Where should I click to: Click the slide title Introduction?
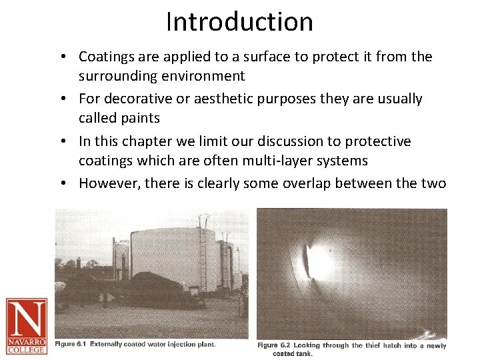239,22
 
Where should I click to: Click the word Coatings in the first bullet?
107,57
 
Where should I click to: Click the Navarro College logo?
27,325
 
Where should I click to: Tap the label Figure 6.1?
72,344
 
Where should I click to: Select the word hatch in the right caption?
377,345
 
